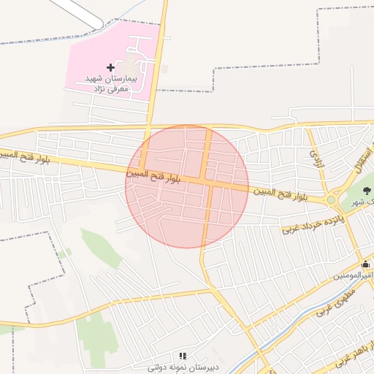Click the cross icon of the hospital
[110, 67]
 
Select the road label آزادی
[316, 156]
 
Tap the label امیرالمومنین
[355, 275]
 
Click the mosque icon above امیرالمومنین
[366, 264]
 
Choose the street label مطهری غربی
[335, 301]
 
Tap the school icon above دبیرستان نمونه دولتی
[182, 356]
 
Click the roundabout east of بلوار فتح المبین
[331, 199]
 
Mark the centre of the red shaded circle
[187, 186]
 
